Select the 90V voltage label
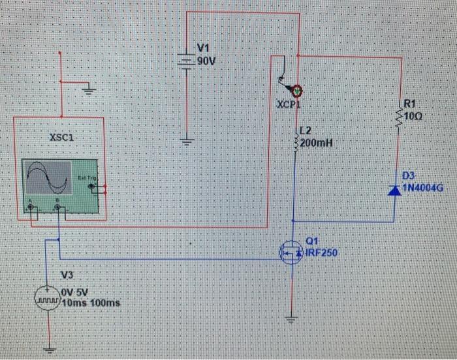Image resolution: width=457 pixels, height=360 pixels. tap(206, 61)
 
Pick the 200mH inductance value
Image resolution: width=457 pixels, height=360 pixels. tap(317, 143)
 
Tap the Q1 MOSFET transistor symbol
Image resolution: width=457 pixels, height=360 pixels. tap(291, 252)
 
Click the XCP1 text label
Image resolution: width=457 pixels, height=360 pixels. tap(287, 104)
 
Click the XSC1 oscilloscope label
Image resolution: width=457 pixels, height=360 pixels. tap(61, 138)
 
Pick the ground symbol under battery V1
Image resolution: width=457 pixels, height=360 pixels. tap(187, 140)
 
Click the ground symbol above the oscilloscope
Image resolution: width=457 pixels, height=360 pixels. tap(89, 90)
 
